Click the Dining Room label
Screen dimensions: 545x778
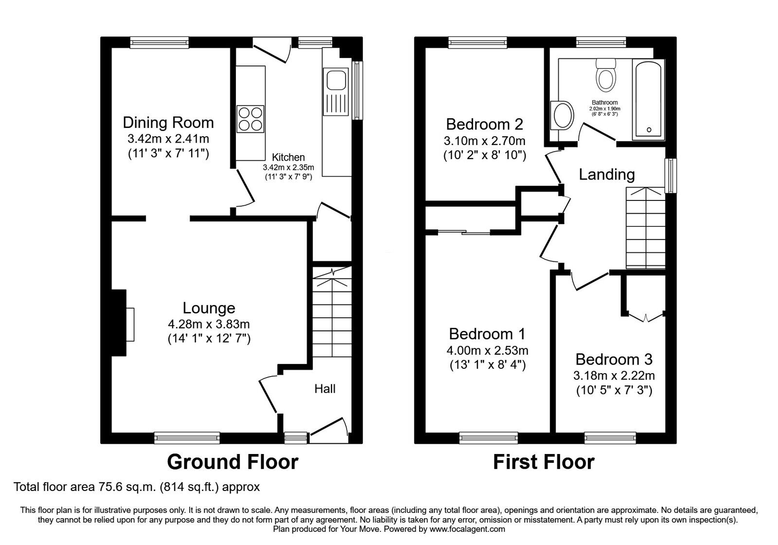click(168, 122)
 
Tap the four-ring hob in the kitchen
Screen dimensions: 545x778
click(250, 119)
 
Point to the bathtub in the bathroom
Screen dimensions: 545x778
click(647, 99)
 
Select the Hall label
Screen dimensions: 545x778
click(325, 389)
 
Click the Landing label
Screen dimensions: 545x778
click(606, 174)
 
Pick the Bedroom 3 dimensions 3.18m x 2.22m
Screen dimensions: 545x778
click(614, 376)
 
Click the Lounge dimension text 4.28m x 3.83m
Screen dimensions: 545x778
click(209, 324)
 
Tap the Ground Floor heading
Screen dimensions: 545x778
click(232, 462)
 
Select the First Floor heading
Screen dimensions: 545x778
click(544, 462)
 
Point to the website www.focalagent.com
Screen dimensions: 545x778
click(467, 529)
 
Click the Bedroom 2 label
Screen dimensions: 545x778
click(484, 125)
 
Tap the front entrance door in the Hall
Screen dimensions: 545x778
click(329, 427)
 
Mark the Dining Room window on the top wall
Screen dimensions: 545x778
click(159, 43)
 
